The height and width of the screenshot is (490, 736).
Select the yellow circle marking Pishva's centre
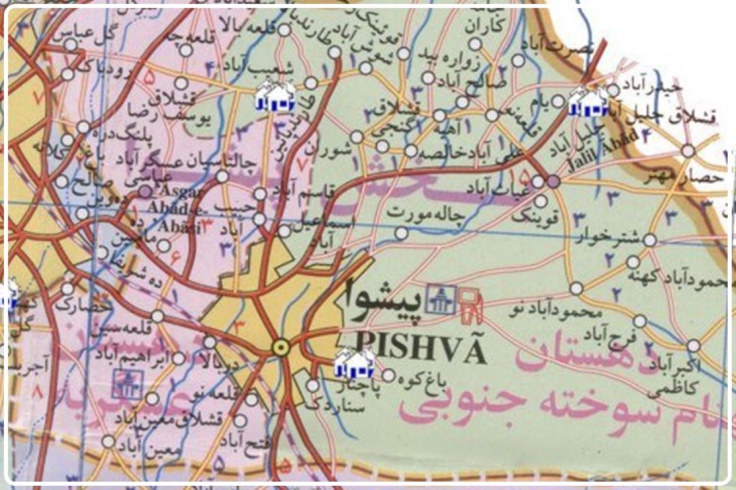click(x=279, y=348)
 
